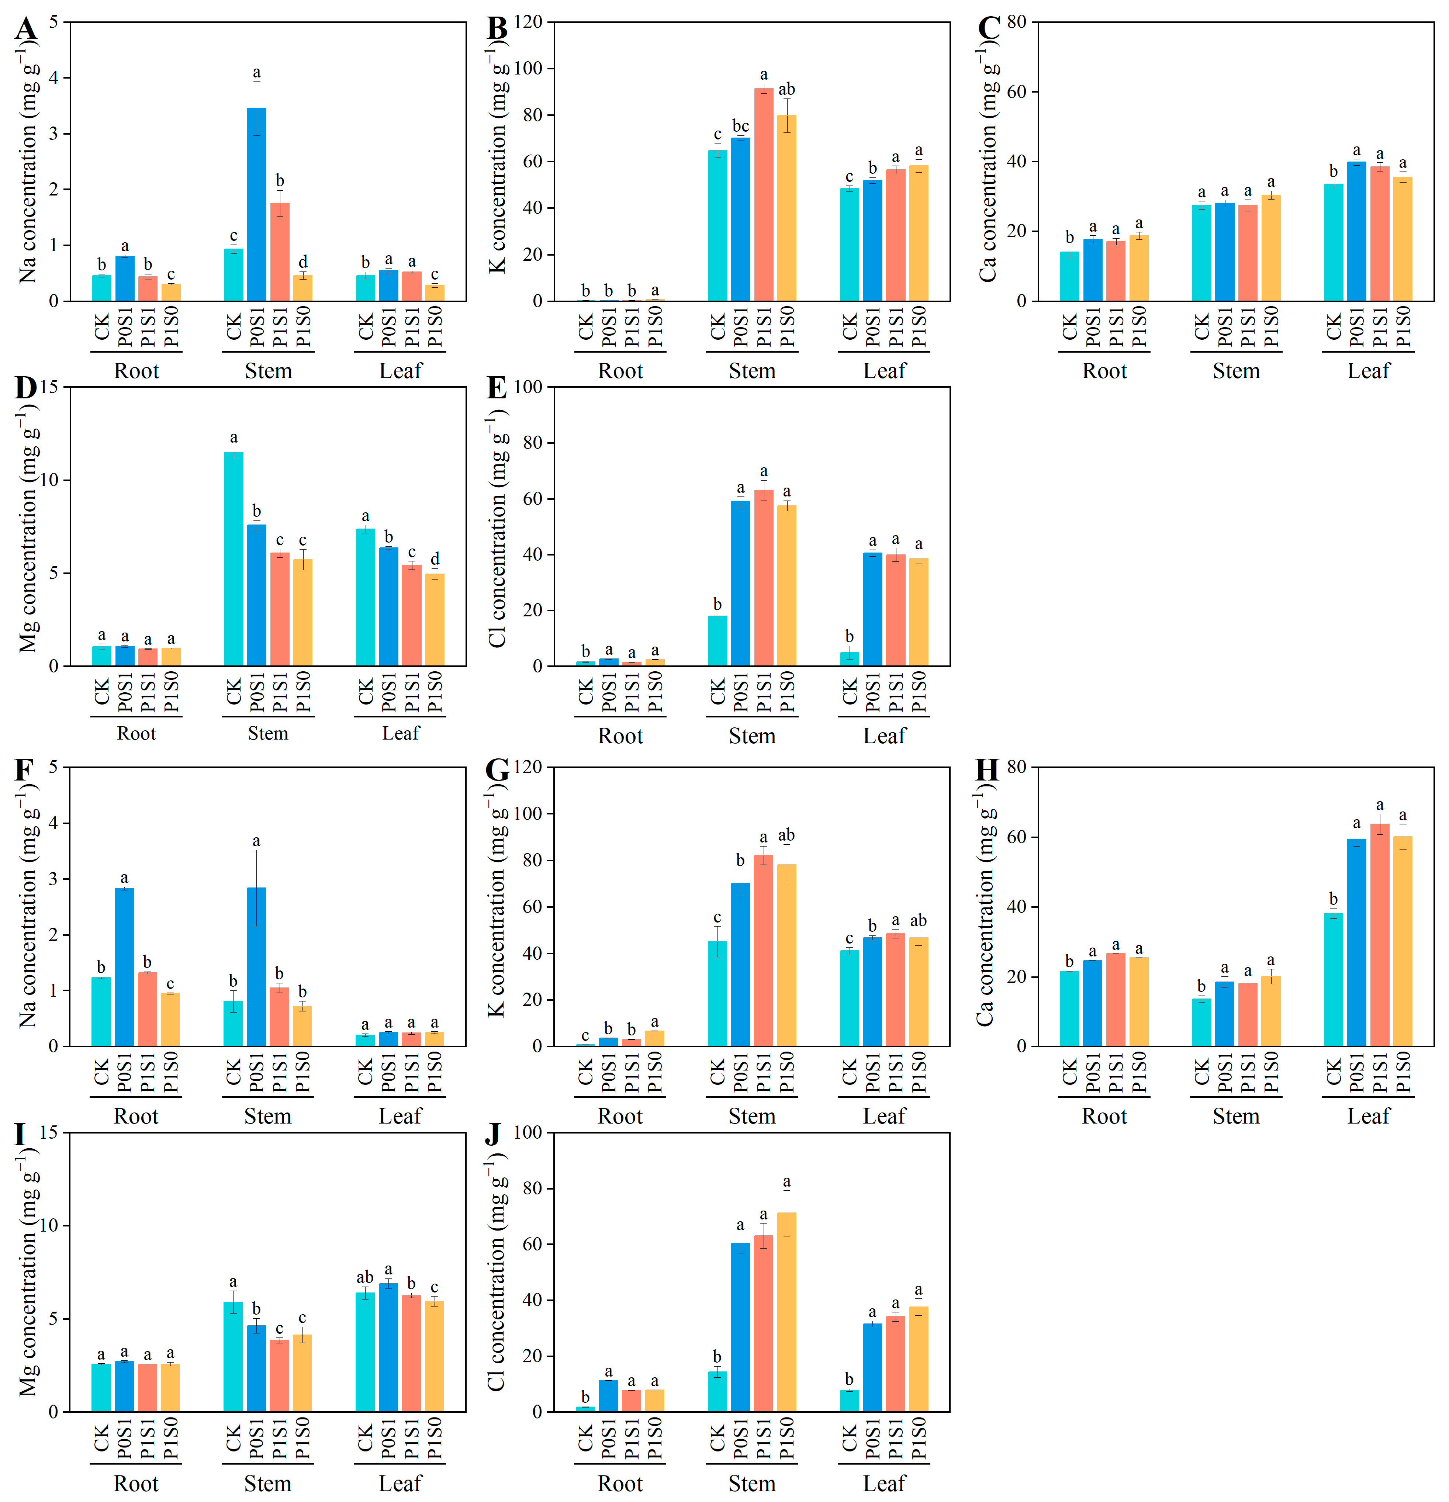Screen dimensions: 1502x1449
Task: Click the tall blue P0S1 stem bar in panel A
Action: (x=257, y=205)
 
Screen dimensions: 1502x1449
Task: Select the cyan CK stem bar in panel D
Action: (x=234, y=560)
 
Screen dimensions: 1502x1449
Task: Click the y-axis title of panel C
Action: (x=989, y=161)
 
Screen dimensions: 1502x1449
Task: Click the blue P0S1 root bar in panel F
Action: (x=124, y=967)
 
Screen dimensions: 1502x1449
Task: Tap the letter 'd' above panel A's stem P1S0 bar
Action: (x=302, y=262)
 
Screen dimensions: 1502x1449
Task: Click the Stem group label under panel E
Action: (x=752, y=737)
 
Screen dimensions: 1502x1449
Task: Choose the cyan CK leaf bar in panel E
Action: (x=849, y=659)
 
